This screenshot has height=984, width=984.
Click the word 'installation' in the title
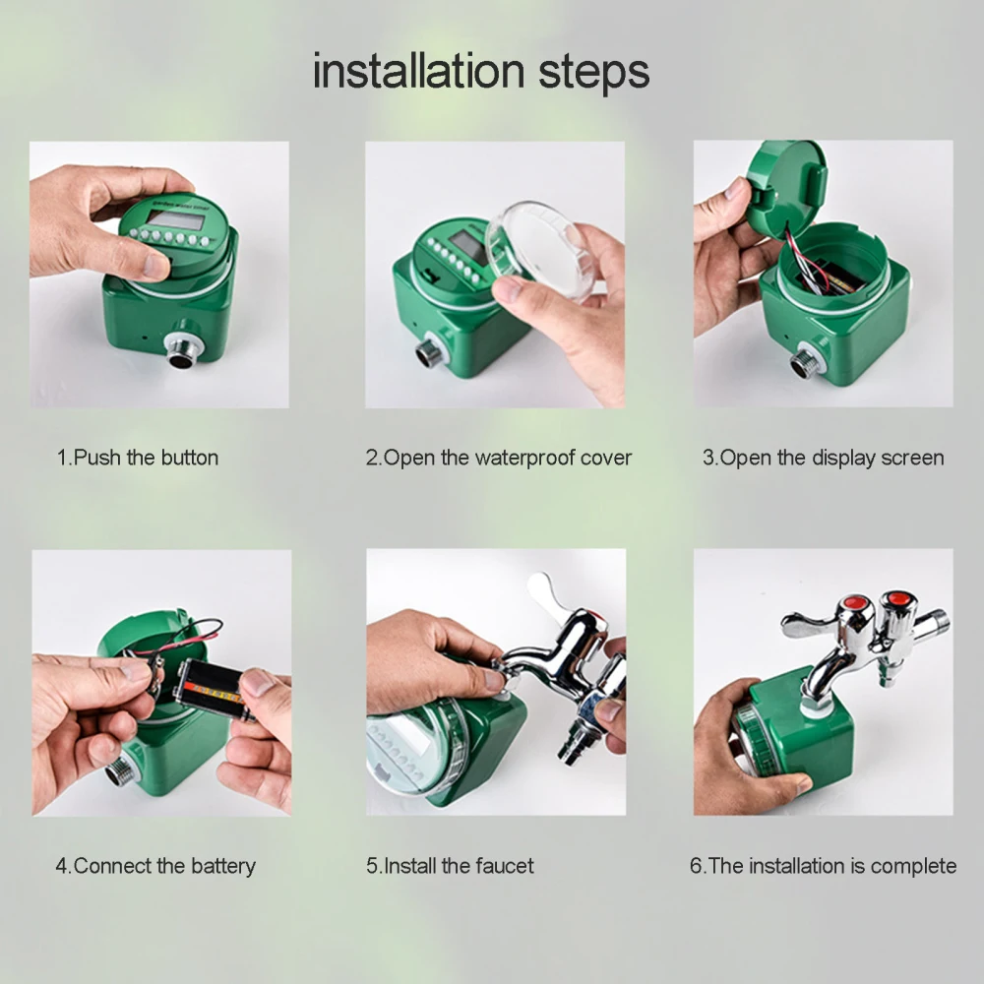[x=418, y=71]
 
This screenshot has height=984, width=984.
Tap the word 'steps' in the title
[x=593, y=74]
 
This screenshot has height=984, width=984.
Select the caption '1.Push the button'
[x=138, y=458]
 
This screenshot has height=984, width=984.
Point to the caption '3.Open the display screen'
[x=823, y=459]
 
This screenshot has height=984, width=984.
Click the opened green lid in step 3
[x=784, y=187]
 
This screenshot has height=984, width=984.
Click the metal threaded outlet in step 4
[x=119, y=770]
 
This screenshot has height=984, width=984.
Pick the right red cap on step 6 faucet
[x=898, y=598]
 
